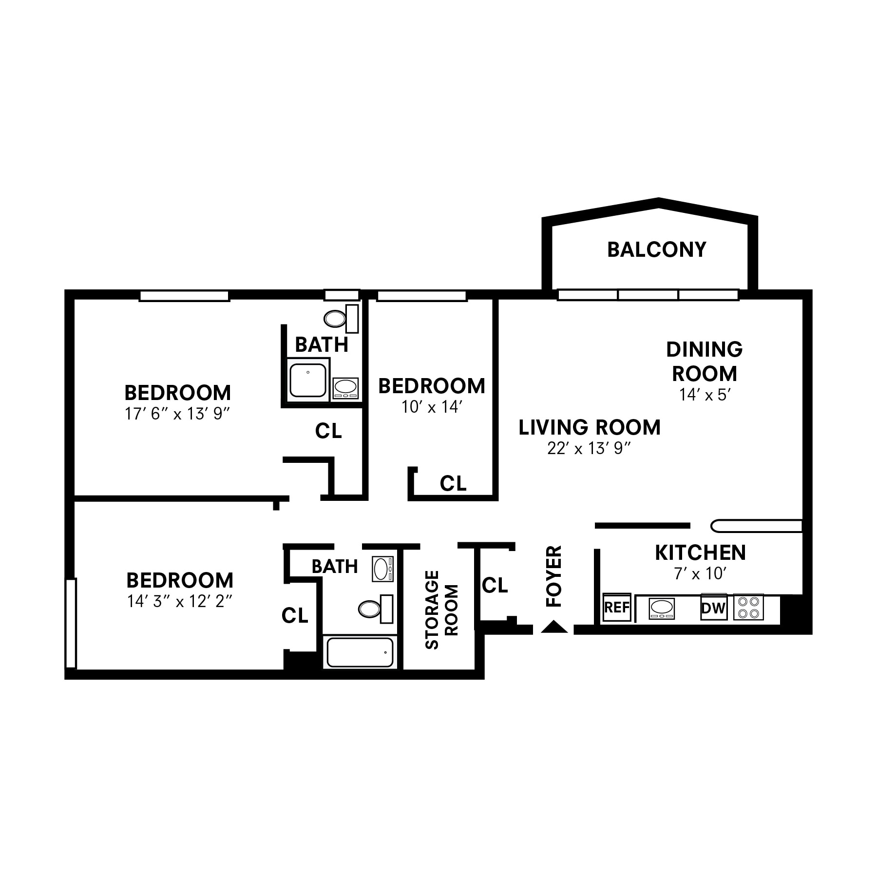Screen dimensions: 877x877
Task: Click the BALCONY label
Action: point(656,249)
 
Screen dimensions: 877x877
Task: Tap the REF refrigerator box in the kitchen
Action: point(617,607)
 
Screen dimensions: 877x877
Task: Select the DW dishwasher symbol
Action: point(713,608)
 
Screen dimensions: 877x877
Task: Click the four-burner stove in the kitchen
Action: point(748,607)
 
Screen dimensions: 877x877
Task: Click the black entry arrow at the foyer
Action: point(554,628)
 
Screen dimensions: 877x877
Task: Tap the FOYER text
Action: point(554,576)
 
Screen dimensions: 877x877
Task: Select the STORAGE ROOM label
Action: point(441,610)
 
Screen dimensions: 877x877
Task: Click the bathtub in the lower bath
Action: point(360,652)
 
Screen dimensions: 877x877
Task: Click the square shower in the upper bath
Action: point(308,381)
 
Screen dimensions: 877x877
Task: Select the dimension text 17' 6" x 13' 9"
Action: point(177,414)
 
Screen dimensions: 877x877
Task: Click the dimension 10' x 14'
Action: point(431,407)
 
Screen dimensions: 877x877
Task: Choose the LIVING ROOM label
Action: point(589,427)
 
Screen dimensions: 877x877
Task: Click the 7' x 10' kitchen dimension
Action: point(700,574)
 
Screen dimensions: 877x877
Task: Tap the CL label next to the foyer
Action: point(495,585)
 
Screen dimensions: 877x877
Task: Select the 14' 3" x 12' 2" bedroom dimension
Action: point(179,602)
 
